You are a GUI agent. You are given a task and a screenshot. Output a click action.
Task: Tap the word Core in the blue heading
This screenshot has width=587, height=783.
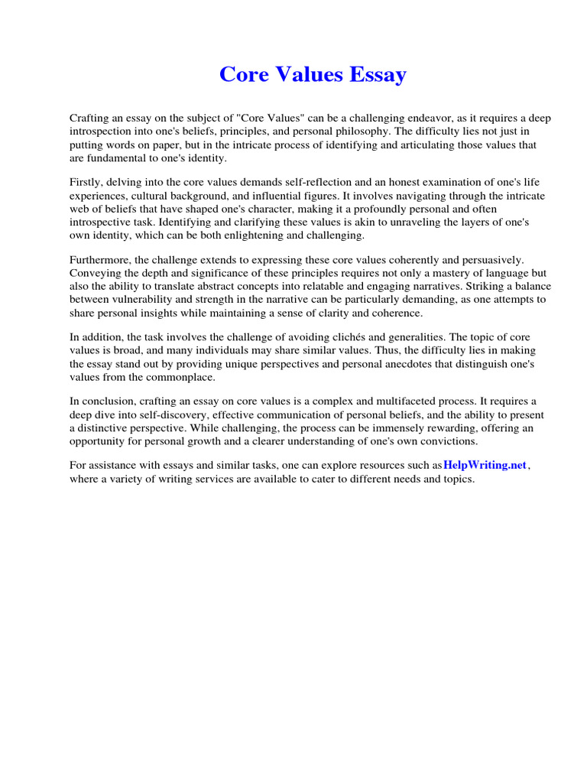point(241,75)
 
